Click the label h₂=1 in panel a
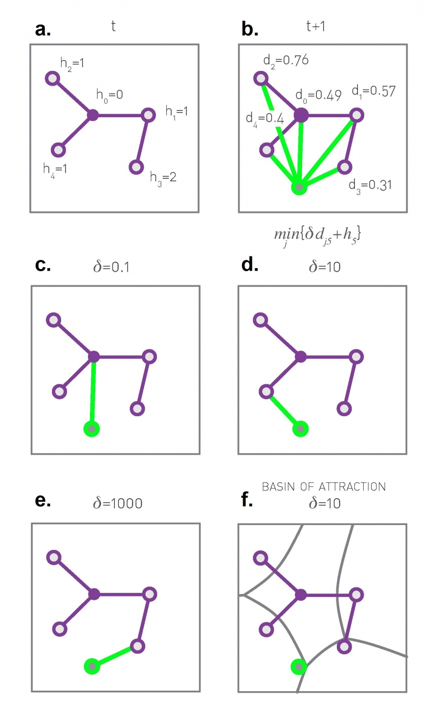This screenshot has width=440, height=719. point(72,63)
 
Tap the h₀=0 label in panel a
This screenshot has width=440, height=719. point(110,95)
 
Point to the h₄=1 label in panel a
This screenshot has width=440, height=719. point(55,169)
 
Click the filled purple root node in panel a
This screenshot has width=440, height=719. point(92,115)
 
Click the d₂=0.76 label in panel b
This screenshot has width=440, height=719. point(286,61)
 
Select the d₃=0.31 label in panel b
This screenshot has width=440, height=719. point(370,186)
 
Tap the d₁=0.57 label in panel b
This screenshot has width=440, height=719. point(374,91)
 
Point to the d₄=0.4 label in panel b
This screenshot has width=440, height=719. point(264,119)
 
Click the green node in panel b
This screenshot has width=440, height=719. point(299,187)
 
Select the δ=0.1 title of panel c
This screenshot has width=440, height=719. point(111,267)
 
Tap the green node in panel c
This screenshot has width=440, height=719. point(91,429)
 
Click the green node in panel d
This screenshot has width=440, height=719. point(300,429)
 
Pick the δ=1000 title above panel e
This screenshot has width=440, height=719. point(118,503)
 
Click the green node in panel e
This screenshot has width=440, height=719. point(92,666)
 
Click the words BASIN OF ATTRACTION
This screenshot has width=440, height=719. point(324,486)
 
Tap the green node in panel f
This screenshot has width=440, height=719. point(298,666)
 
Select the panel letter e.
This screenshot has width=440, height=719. point(43,501)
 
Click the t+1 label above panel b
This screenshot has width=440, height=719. point(316,26)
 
